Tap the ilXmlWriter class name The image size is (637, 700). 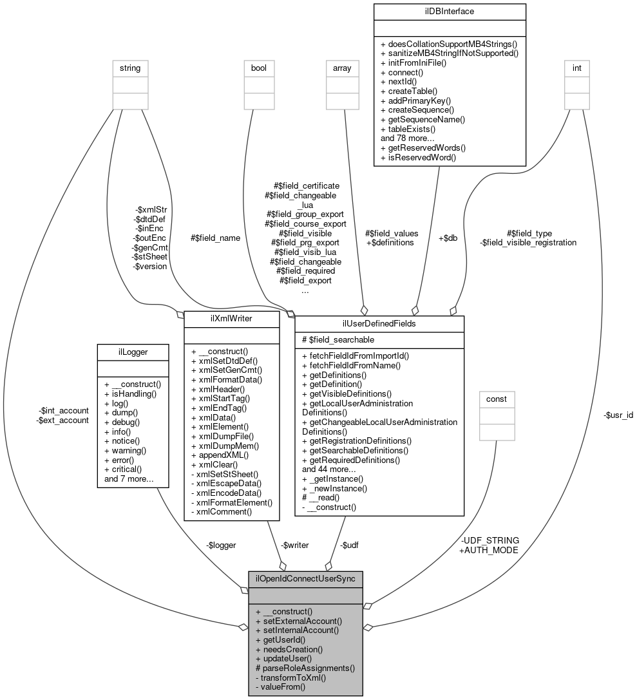(231, 317)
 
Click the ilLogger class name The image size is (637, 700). (132, 351)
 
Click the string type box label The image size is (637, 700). (129, 67)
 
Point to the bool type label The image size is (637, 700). (259, 67)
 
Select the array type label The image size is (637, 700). (341, 67)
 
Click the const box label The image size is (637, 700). (496, 399)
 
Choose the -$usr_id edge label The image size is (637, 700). (618, 415)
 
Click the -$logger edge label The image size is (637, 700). (221, 545)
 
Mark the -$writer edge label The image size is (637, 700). (294, 545)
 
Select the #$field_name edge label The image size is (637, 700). (215, 238)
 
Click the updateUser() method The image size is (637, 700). (283, 659)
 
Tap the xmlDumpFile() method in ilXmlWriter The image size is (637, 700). (222, 436)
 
